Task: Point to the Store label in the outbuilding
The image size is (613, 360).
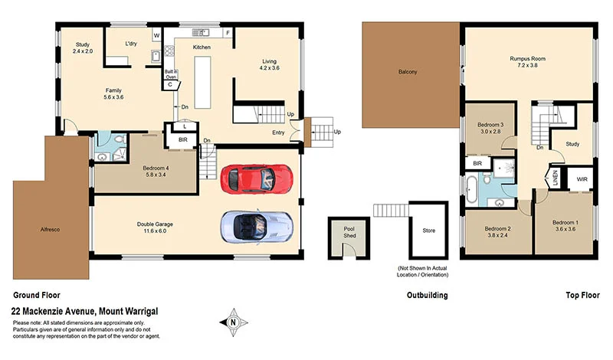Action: [428, 230]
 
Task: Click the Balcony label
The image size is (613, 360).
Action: [408, 72]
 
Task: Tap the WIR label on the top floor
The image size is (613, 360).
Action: [582, 181]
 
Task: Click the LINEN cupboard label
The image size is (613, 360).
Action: [556, 179]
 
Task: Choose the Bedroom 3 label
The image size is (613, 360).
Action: [490, 125]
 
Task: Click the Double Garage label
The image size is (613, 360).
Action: [155, 224]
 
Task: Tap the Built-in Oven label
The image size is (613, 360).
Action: [172, 74]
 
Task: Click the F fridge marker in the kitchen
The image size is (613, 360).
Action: [228, 33]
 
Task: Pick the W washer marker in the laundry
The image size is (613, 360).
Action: [156, 35]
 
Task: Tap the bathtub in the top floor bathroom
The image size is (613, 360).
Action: [473, 187]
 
